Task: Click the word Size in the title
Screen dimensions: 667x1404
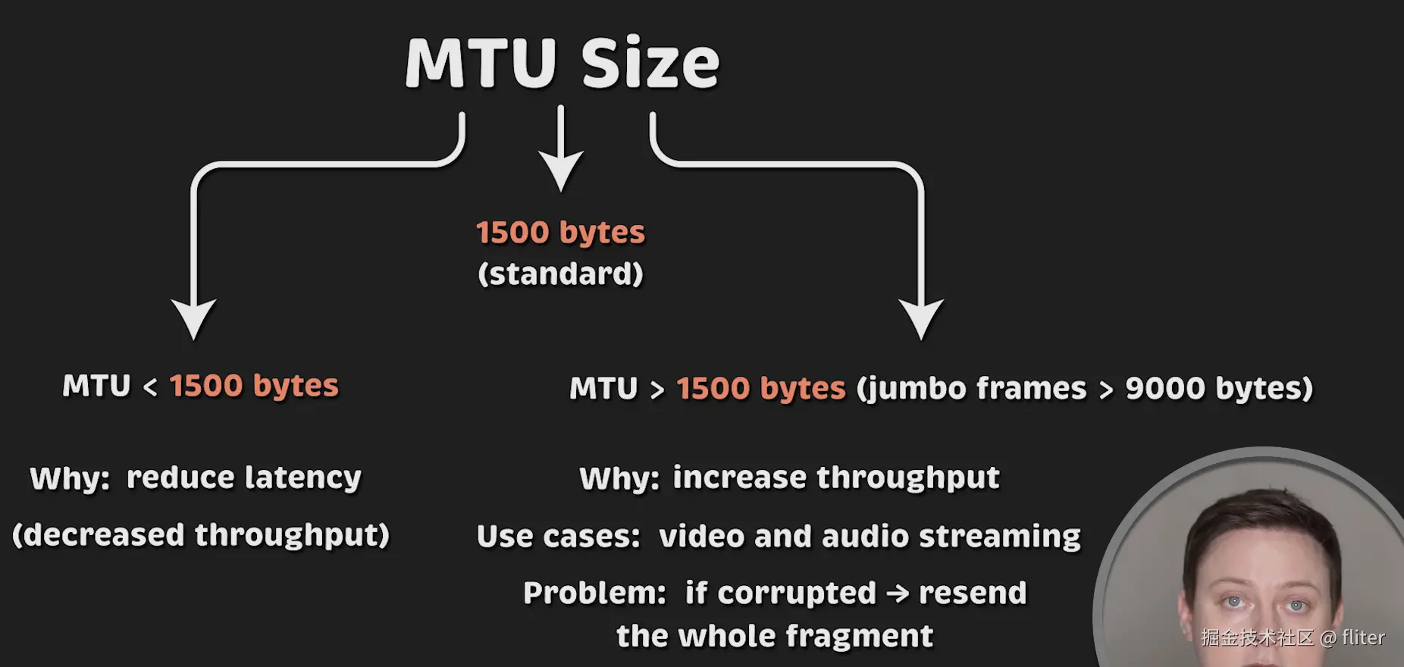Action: pyautogui.click(x=650, y=63)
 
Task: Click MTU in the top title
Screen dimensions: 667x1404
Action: pyautogui.click(x=481, y=63)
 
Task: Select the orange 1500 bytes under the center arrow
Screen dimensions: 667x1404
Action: pyautogui.click(x=560, y=232)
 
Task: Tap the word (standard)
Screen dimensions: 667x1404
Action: pyautogui.click(x=560, y=274)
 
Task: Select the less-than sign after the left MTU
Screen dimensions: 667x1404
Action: pyautogui.click(x=150, y=388)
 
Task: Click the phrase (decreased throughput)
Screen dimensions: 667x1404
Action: pyautogui.click(x=201, y=535)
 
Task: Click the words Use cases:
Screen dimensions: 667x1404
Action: pyautogui.click(x=559, y=537)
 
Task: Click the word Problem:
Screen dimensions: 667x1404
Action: pyautogui.click(x=594, y=593)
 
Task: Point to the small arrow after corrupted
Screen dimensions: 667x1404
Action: pyautogui.click(x=898, y=593)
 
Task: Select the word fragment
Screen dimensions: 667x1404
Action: pyautogui.click(x=858, y=636)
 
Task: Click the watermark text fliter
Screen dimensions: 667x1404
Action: pyautogui.click(x=1363, y=637)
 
